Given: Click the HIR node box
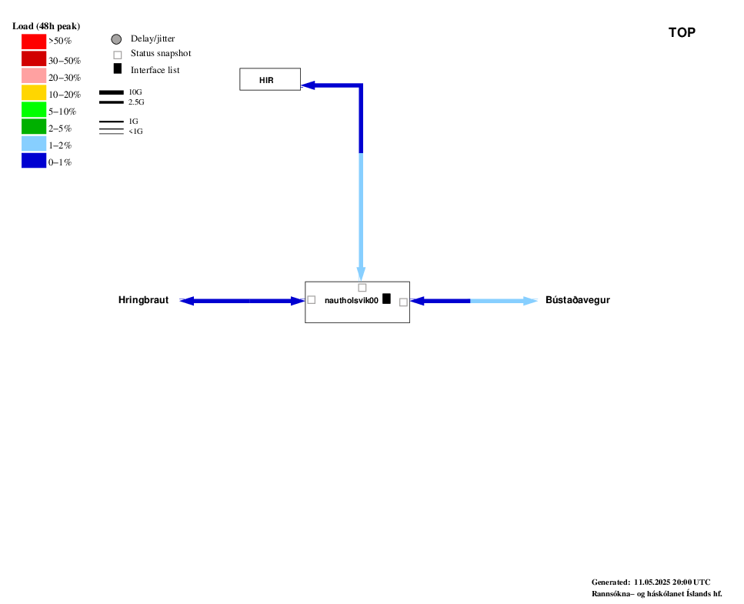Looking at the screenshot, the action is click(x=270, y=79).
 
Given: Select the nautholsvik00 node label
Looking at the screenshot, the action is click(x=352, y=300).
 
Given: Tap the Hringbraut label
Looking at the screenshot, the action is click(x=143, y=300).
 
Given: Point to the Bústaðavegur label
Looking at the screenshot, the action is click(x=578, y=300).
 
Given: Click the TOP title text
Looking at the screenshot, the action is click(x=682, y=32).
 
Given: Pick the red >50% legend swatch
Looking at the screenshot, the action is click(x=34, y=42).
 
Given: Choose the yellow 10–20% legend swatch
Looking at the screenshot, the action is click(x=34, y=92).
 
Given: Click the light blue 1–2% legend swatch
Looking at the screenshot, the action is click(x=34, y=143).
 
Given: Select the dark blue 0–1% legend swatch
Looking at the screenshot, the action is click(x=34, y=160).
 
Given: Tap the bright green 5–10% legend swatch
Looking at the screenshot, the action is click(x=34, y=109).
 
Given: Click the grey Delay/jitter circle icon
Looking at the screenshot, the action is click(x=116, y=39).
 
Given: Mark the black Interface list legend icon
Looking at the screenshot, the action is click(x=118, y=68).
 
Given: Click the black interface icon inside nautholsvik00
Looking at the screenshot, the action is click(x=387, y=299).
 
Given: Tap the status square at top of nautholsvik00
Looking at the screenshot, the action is click(x=362, y=288).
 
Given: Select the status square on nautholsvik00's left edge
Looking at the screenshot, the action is click(x=312, y=300).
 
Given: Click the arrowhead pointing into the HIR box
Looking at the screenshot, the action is click(x=308, y=85).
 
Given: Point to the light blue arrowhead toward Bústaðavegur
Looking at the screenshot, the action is click(x=530, y=301).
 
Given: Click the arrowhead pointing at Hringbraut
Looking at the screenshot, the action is click(x=187, y=301).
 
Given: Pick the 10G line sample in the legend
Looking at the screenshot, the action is click(x=112, y=92).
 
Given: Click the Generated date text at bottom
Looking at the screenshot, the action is click(x=651, y=582).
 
